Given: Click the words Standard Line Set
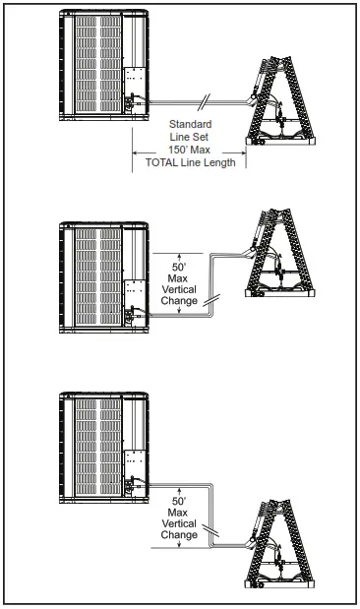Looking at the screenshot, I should coord(190,130).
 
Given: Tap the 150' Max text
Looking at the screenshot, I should coord(190,150).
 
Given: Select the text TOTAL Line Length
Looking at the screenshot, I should coord(190,162).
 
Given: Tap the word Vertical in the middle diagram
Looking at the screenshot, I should coord(178,290).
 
